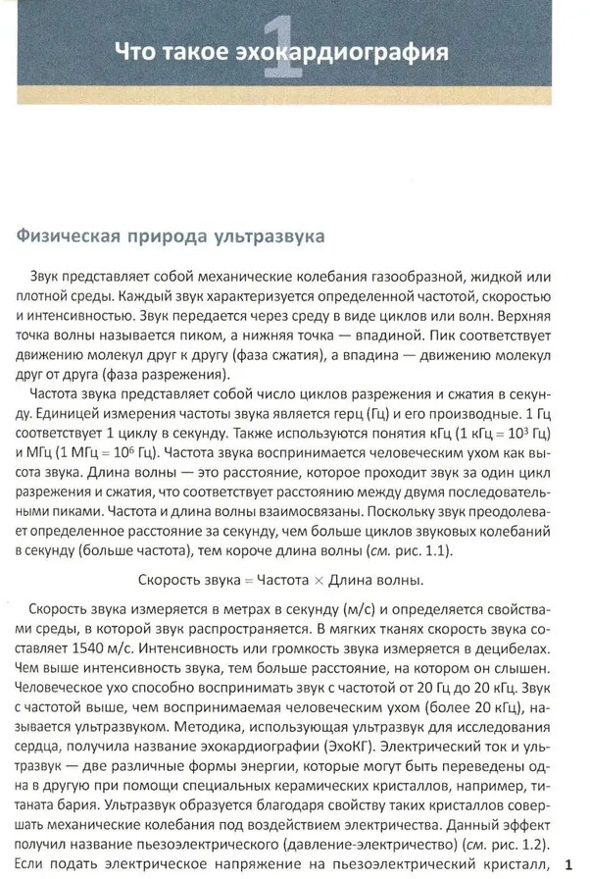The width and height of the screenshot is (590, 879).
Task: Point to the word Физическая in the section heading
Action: point(67,236)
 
